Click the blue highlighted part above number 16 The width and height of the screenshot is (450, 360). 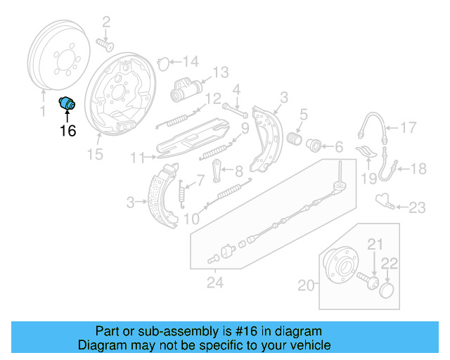[x=67, y=103]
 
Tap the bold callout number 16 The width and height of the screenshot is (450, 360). [x=67, y=130]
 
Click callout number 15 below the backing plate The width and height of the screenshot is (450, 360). [x=94, y=155]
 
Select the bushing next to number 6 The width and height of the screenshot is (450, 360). [x=315, y=146]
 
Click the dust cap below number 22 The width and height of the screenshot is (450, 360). [x=387, y=290]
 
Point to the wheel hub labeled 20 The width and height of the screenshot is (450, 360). [x=344, y=266]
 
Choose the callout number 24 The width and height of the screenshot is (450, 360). [x=215, y=284]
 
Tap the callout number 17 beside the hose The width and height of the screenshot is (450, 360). [x=409, y=127]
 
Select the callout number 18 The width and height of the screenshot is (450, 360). [x=418, y=169]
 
